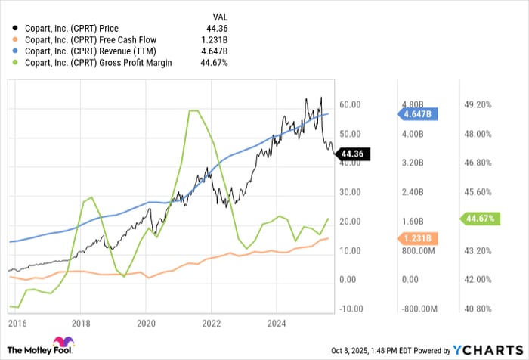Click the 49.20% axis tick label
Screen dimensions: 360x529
[478, 105]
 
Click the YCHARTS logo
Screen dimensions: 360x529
[488, 349]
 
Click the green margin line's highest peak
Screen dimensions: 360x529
[193, 110]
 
